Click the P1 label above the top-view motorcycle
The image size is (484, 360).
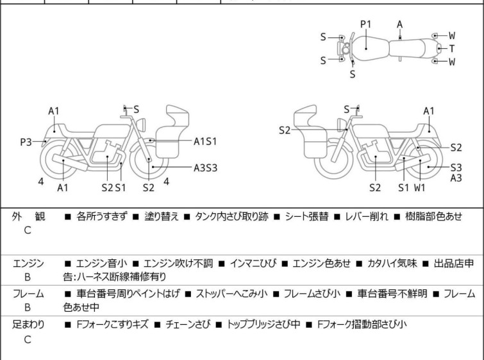click(x=365, y=24)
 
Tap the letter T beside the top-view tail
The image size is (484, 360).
click(x=452, y=48)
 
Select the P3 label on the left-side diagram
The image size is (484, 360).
click(x=26, y=142)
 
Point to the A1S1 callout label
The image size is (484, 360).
click(x=206, y=141)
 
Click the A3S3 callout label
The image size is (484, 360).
click(x=206, y=167)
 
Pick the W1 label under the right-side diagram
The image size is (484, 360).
click(x=421, y=187)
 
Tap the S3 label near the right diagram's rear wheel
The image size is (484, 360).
click(x=456, y=167)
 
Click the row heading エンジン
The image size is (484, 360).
click(x=28, y=263)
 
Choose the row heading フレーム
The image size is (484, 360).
click(x=28, y=294)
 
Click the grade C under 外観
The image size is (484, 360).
click(x=27, y=230)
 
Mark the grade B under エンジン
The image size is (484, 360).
click(x=27, y=278)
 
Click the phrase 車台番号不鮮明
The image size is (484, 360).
click(x=392, y=294)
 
